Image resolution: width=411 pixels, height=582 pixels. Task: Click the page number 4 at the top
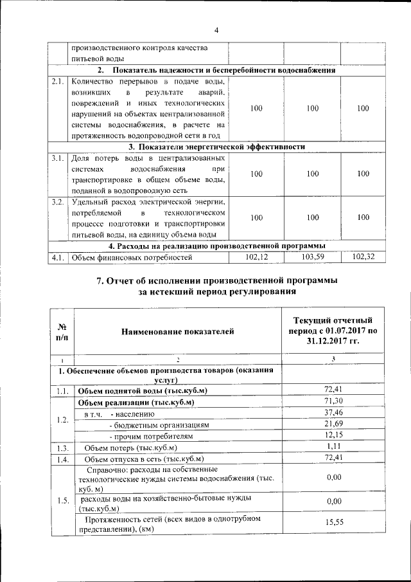click(216, 30)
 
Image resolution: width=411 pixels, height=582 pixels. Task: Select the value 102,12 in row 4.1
click(256, 257)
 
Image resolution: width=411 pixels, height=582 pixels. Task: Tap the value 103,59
click(312, 257)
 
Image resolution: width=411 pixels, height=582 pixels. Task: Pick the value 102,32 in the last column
click(363, 257)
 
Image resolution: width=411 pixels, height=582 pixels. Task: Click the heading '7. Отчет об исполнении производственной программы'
click(216, 280)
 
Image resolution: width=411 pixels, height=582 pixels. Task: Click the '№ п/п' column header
click(63, 331)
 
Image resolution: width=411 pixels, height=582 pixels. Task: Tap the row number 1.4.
click(62, 459)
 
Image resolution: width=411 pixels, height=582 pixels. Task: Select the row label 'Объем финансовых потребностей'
click(132, 258)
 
